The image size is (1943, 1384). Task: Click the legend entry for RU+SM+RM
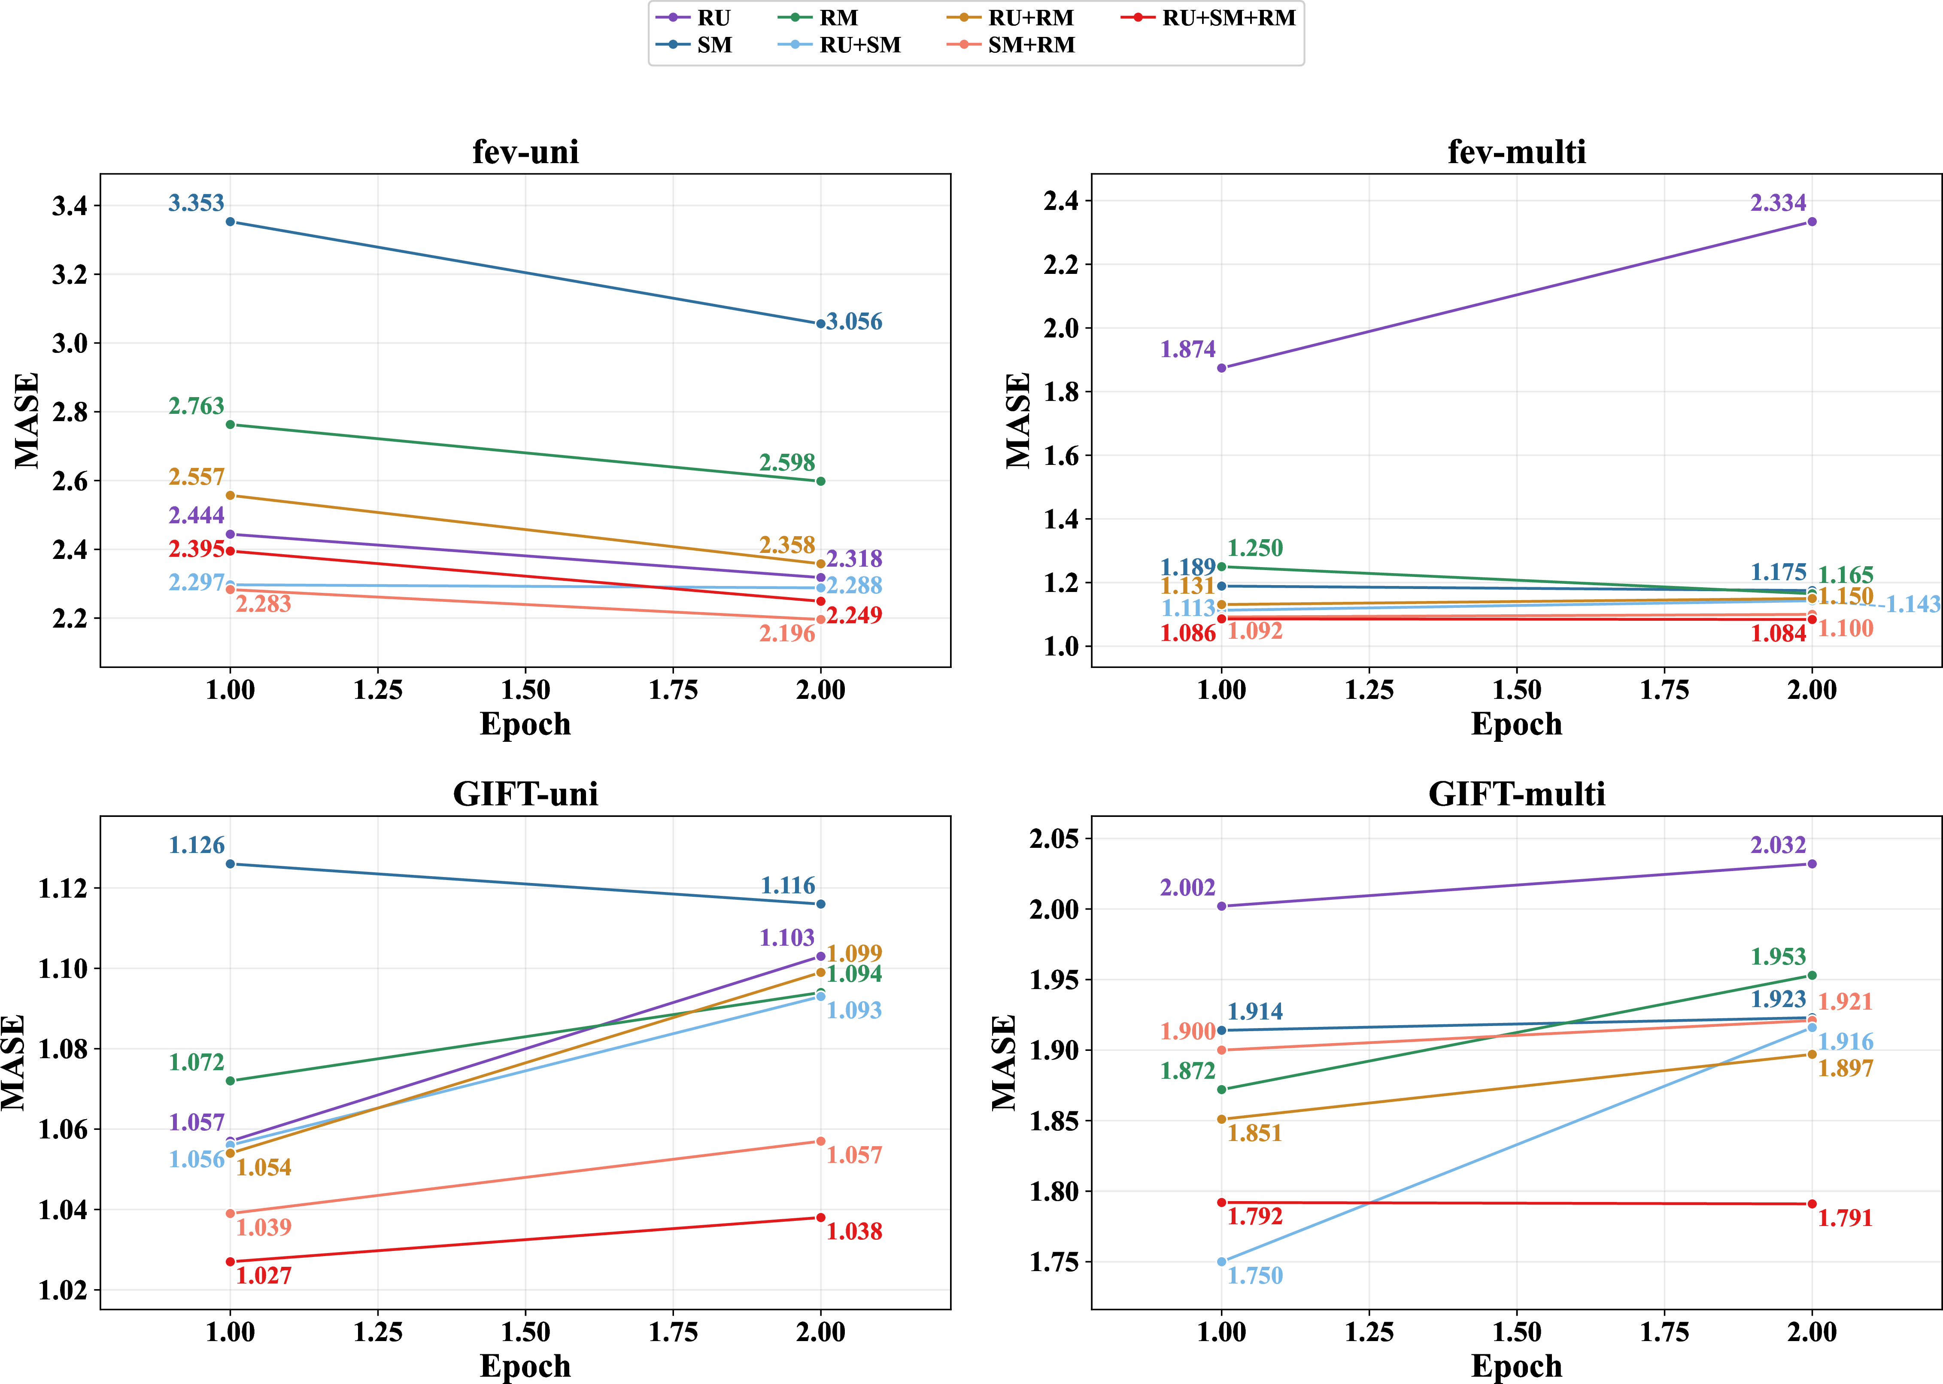1208,18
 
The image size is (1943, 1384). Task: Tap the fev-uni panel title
526,152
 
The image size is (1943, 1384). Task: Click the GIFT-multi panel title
1517,794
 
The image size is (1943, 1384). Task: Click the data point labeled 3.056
821,324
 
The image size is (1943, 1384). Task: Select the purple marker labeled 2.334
1812,222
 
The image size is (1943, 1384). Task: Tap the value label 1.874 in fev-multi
1188,349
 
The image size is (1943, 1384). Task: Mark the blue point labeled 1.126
230,864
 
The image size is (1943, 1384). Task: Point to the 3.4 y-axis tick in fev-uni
70,205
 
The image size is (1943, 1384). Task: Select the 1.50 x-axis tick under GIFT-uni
526,1332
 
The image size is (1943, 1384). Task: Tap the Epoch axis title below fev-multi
1517,723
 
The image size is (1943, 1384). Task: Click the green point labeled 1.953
1812,976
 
